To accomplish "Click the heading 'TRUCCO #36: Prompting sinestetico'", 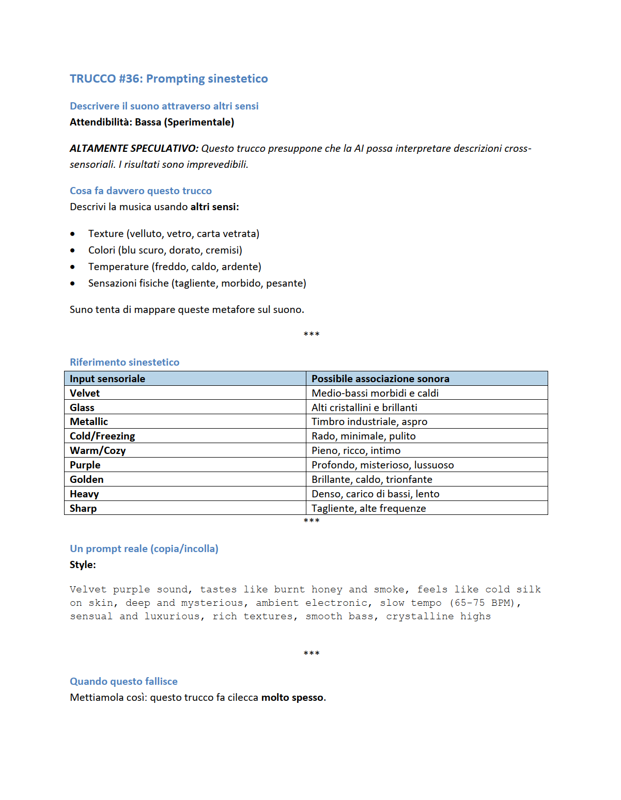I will point(168,79).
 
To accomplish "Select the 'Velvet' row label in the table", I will point(85,393).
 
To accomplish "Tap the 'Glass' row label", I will point(82,407).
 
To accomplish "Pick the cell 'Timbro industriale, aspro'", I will point(369,421).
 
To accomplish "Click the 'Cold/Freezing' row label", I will point(102,436).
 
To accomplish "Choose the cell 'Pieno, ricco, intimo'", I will point(356,450).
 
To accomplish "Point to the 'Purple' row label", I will point(85,465).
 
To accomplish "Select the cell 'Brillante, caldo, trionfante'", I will point(372,479).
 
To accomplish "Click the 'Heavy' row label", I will point(84,494).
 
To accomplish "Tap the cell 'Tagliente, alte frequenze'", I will point(369,508).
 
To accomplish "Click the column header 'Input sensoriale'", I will point(107,379).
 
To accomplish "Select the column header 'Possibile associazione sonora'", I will point(380,379).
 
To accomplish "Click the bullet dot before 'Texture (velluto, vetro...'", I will point(73,234).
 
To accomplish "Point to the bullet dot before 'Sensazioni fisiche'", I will point(73,284).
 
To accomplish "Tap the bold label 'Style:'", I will point(83,564).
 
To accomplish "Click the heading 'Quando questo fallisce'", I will point(123,681).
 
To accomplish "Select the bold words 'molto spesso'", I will point(292,697).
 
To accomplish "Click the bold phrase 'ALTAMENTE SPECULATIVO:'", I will point(134,148).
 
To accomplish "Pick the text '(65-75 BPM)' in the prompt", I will point(485,603).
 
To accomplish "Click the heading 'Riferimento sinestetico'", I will point(125,362).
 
